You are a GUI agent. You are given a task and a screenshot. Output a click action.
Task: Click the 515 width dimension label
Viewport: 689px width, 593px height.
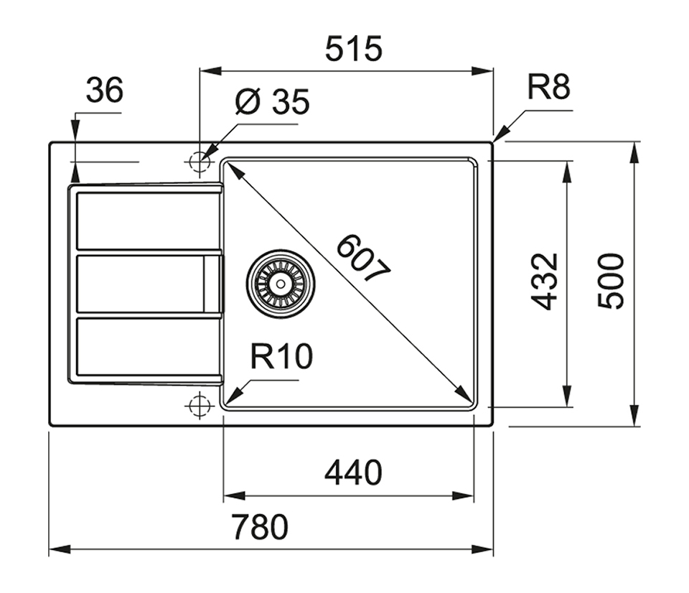pyautogui.click(x=354, y=50)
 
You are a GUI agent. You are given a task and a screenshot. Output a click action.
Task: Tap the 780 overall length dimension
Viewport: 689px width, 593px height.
pyautogui.click(x=259, y=528)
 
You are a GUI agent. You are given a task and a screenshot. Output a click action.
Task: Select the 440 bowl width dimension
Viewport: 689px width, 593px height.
pyautogui.click(x=353, y=473)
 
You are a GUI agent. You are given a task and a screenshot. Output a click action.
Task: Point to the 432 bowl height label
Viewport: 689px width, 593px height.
pyautogui.click(x=545, y=281)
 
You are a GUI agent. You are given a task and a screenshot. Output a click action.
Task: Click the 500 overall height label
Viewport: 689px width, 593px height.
pyautogui.click(x=611, y=281)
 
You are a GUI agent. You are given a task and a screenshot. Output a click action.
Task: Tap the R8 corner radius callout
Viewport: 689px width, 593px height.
pyautogui.click(x=548, y=88)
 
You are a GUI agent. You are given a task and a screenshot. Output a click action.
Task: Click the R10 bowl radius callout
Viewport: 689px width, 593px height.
pyautogui.click(x=281, y=357)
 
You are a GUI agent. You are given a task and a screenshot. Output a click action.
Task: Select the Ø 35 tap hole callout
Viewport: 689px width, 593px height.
pyautogui.click(x=272, y=103)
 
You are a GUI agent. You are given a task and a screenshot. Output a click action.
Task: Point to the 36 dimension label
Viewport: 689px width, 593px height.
pyautogui.click(x=104, y=91)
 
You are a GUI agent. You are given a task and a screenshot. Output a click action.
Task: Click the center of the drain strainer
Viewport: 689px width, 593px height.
pyautogui.click(x=280, y=283)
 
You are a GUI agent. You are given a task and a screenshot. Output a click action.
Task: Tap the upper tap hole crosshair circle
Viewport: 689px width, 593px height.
pyautogui.click(x=198, y=162)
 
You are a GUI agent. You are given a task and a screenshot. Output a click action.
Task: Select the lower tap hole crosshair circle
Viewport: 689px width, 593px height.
pyautogui.click(x=198, y=406)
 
